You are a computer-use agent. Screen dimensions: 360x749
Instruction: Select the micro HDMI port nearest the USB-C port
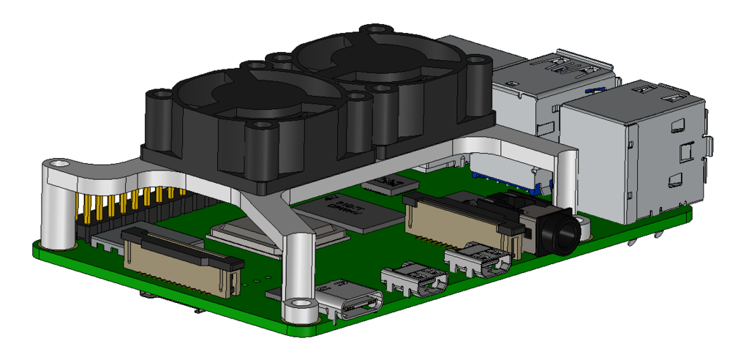point(414,282)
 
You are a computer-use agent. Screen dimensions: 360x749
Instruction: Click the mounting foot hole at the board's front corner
point(297,303)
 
